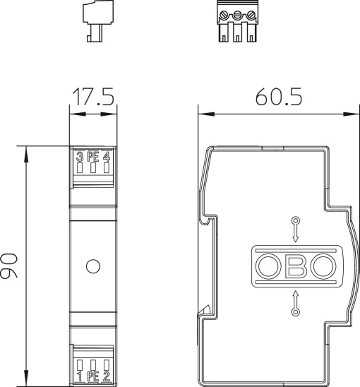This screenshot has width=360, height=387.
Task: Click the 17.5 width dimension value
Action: (92, 97)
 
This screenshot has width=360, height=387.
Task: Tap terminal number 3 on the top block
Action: (79, 156)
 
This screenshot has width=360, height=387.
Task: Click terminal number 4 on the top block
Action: (107, 156)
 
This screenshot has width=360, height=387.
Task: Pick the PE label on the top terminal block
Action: (92, 156)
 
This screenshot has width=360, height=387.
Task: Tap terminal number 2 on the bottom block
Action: (107, 376)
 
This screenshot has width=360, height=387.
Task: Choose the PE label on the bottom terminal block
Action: (92, 376)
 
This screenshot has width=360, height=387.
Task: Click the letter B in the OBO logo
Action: (296, 266)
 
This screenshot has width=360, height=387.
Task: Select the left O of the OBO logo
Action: (268, 266)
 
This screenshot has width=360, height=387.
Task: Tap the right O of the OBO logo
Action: (323, 266)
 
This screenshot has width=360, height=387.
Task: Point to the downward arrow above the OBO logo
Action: (295, 229)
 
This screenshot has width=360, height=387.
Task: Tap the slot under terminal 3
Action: (80, 168)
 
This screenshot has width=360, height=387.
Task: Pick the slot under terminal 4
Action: (106, 168)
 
